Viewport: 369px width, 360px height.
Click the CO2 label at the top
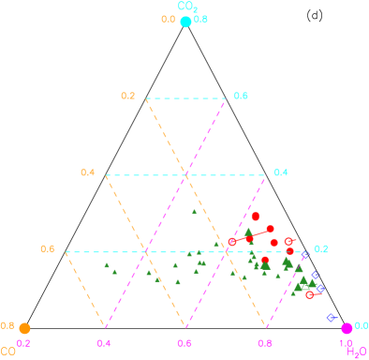[187, 7]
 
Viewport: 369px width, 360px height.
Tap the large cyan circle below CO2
[185, 22]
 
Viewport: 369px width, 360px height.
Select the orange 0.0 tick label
[168, 19]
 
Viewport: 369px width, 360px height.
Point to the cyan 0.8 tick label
[201, 19]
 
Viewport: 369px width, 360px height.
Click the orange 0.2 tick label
[128, 96]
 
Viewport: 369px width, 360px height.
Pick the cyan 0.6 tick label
[241, 96]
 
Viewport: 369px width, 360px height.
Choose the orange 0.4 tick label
[88, 172]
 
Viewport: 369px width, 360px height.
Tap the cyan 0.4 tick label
[281, 172]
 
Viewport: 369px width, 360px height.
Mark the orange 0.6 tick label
[48, 248]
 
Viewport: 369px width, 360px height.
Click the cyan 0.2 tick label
[321, 248]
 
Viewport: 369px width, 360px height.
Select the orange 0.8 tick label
[7, 325]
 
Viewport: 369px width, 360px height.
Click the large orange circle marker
[24, 328]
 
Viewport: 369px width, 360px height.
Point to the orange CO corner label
[7, 352]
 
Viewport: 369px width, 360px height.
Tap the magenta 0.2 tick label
[24, 343]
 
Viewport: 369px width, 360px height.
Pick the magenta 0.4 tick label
[104, 343]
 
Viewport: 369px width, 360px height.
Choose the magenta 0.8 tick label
[265, 343]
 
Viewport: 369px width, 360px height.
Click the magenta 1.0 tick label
[345, 343]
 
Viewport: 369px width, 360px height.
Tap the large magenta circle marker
[347, 328]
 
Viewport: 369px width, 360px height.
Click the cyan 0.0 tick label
[362, 325]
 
